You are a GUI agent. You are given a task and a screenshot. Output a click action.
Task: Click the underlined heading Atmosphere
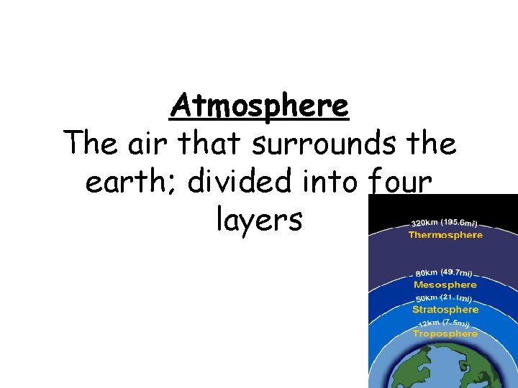point(260,107)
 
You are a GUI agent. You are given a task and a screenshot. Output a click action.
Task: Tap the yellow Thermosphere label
point(445,235)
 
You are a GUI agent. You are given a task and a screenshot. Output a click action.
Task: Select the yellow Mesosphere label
point(445,285)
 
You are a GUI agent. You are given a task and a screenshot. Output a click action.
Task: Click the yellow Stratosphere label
point(445,310)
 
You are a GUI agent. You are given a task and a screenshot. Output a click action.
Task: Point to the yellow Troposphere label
point(445,333)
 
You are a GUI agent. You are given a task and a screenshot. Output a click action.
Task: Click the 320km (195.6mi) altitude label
point(446,223)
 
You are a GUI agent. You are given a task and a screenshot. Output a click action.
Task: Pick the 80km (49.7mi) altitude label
point(445,273)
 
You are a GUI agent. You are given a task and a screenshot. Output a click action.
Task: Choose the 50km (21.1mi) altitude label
point(444,298)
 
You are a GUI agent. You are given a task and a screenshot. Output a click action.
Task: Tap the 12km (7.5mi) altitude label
point(445,323)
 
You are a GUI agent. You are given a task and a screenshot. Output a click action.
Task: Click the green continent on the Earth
point(460,366)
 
